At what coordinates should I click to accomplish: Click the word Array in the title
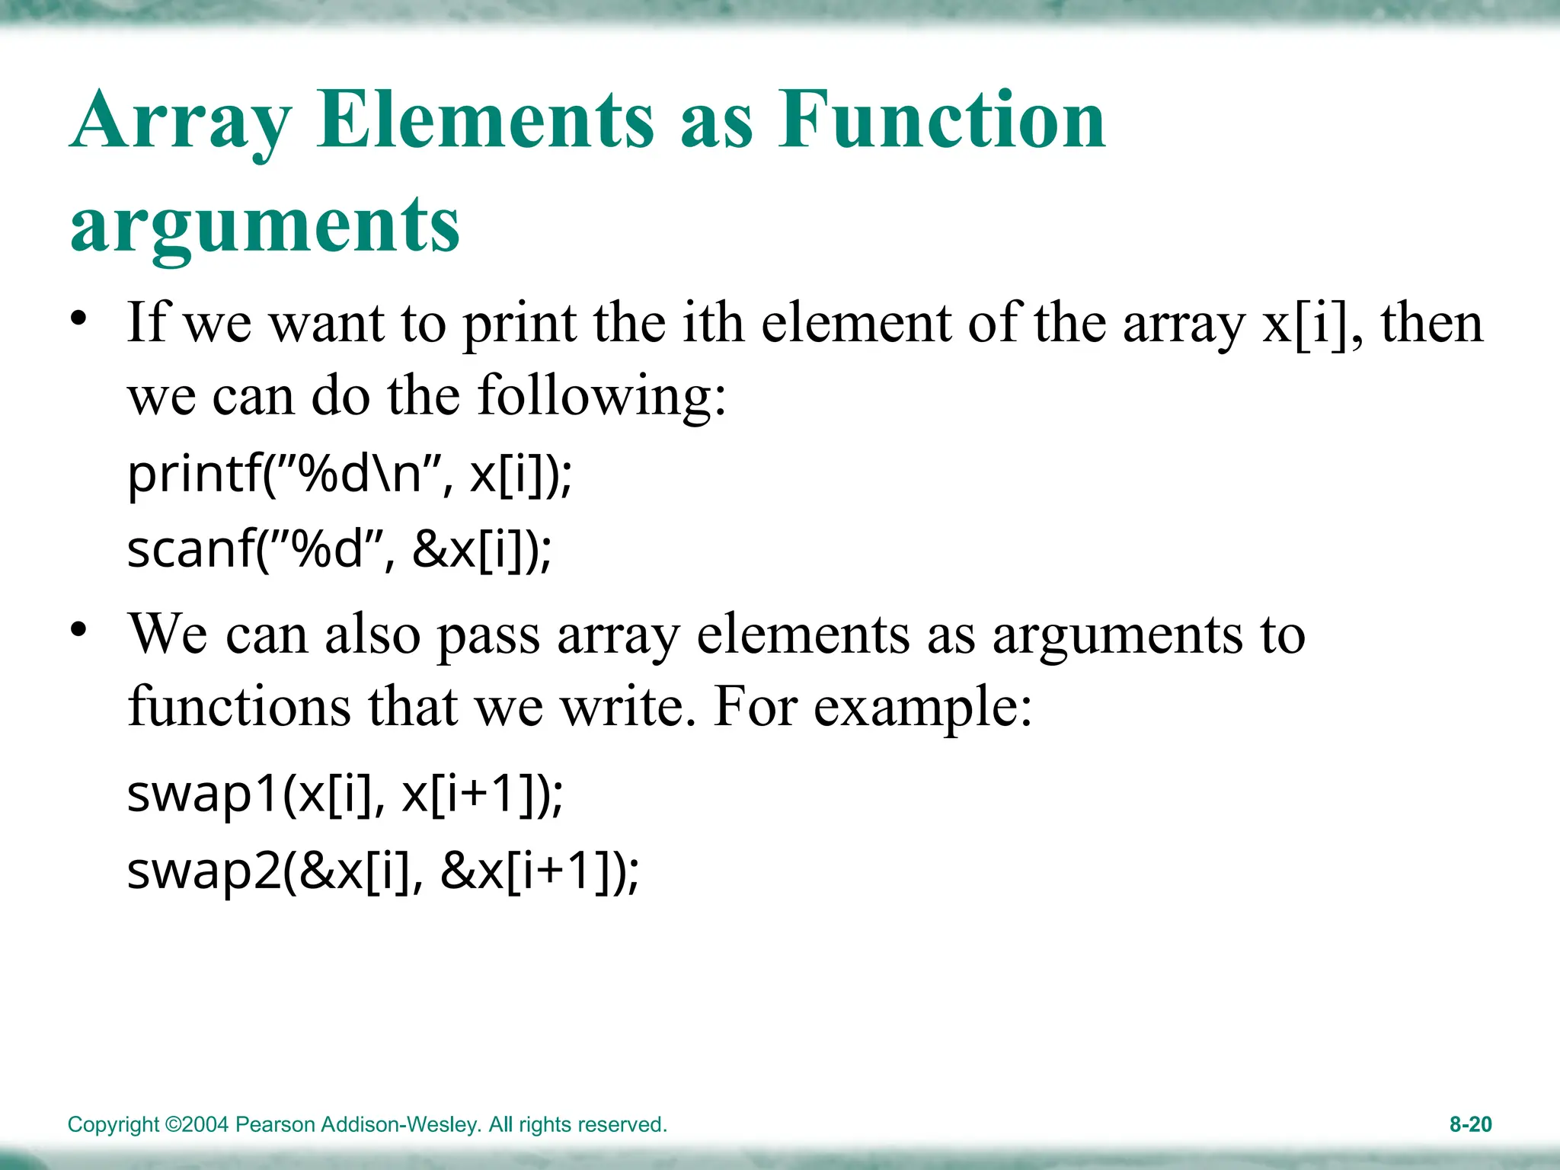click(181, 122)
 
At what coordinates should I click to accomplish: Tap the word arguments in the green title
click(265, 225)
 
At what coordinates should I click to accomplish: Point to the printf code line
click(349, 474)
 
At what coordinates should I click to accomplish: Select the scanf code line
click(339, 549)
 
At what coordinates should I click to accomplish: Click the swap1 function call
click(344, 794)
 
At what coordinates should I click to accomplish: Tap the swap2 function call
click(382, 871)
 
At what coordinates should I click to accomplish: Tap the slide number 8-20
click(1470, 1124)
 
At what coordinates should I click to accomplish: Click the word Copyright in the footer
click(113, 1125)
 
